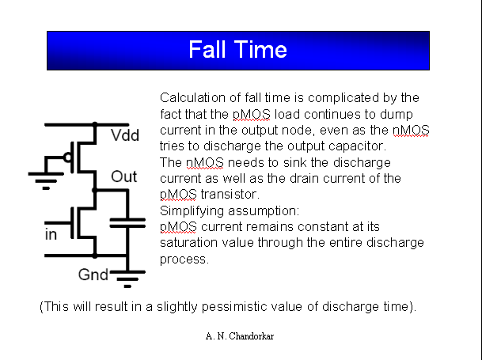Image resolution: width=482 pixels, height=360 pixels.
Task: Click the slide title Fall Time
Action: [237, 51]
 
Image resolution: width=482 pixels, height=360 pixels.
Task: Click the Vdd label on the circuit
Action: [124, 135]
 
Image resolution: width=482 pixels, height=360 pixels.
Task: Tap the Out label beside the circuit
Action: [123, 176]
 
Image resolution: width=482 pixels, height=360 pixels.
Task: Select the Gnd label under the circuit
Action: [93, 275]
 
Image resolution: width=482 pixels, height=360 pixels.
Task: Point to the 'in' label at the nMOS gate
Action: [50, 235]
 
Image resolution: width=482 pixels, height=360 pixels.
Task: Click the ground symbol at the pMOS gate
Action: [42, 176]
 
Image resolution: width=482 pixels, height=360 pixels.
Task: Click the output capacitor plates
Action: [127, 223]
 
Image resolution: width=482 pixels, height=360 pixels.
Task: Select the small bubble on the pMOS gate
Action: [68, 157]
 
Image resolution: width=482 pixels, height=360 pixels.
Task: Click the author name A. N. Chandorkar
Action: [240, 335]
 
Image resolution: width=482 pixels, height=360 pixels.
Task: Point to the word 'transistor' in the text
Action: [226, 195]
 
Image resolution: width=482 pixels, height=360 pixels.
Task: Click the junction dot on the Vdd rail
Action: [95, 124]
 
